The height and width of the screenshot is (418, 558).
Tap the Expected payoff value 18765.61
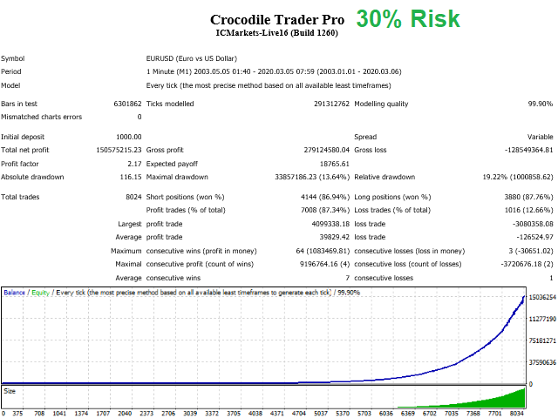click(331, 164)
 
